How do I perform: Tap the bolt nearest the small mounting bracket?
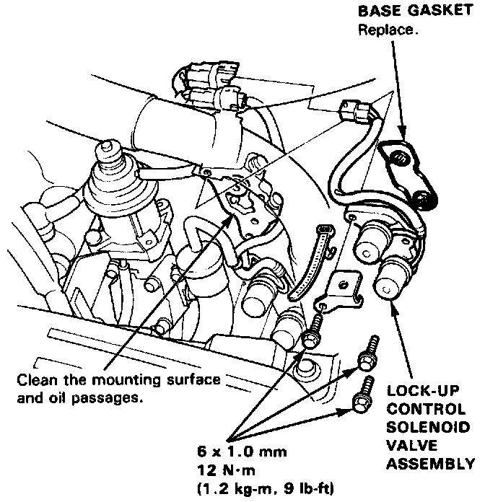(x=313, y=331)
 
